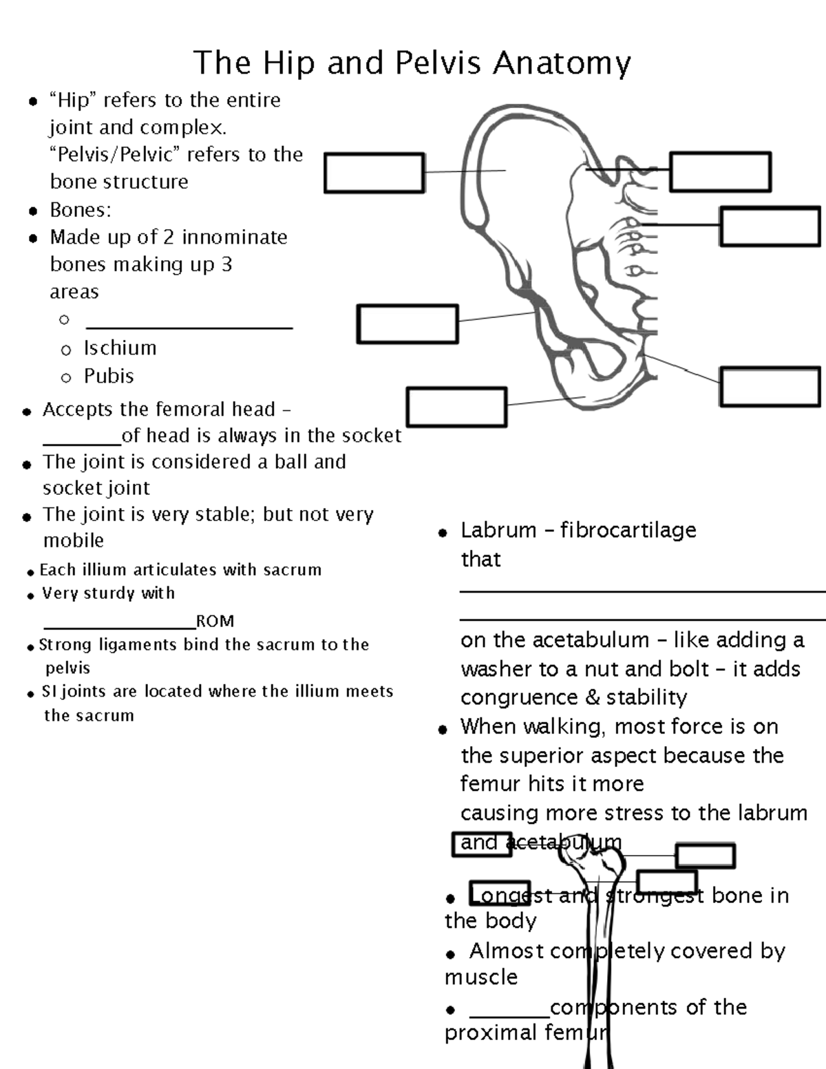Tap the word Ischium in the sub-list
point(120,348)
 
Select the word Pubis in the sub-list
point(109,376)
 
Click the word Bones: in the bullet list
point(81,210)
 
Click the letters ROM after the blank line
point(215,621)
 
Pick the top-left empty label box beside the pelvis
point(374,173)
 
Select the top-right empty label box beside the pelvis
point(719,172)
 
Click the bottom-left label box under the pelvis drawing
point(456,407)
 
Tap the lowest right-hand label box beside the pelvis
point(770,386)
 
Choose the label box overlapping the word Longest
point(500,893)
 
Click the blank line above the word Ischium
point(189,327)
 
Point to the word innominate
point(235,237)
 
